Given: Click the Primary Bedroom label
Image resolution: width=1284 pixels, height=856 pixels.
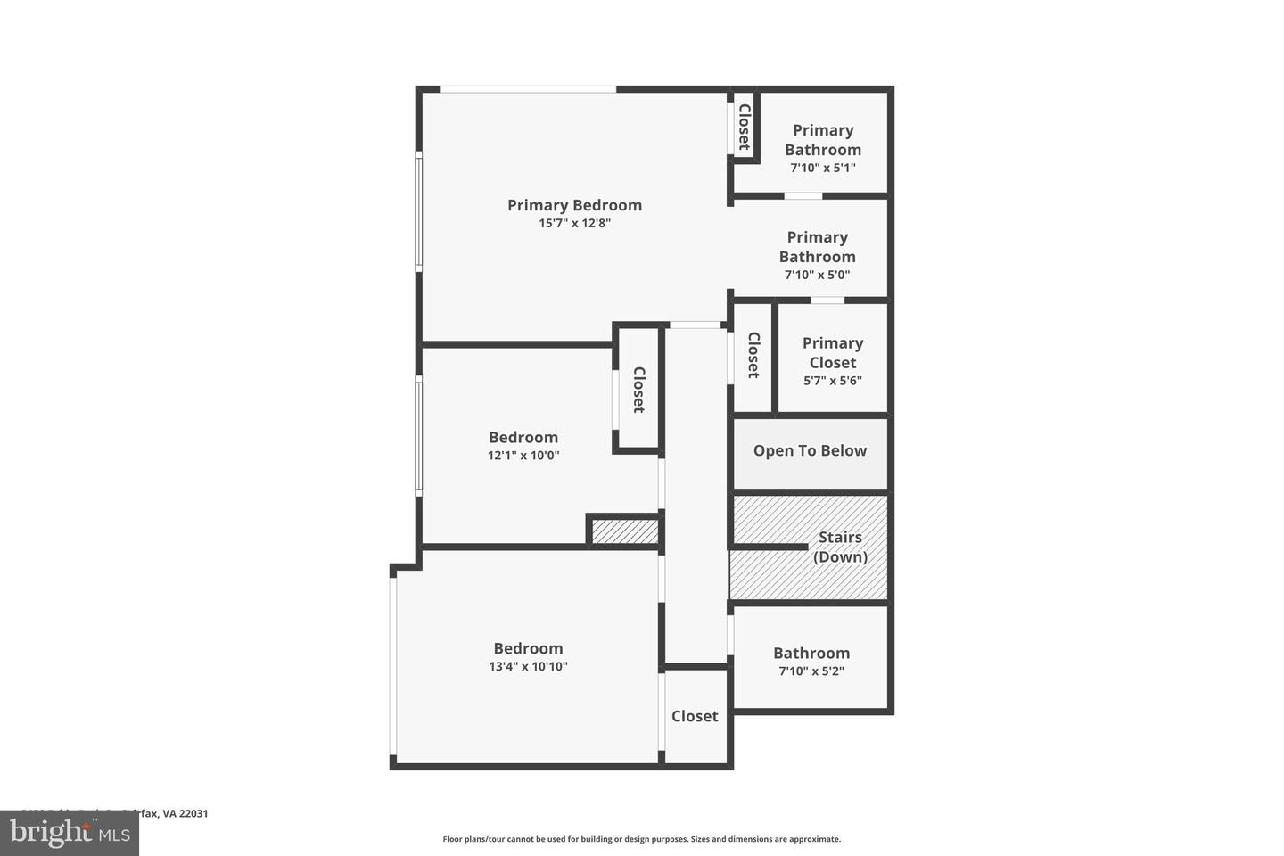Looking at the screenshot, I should coord(574,205).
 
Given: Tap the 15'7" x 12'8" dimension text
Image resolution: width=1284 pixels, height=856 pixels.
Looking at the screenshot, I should coord(574,224).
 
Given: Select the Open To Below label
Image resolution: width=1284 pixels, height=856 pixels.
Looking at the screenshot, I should coord(810,451).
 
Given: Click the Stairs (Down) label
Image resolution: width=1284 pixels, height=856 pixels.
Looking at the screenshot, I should coord(840,547).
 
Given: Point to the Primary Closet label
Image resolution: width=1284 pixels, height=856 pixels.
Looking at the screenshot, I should coord(832,352).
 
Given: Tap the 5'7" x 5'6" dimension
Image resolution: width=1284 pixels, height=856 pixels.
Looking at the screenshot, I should coord(832,381).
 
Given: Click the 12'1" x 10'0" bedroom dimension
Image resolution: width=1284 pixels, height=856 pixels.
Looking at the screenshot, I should coord(523,456).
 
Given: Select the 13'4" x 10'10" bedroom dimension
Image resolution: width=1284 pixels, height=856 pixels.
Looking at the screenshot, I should coord(528,667).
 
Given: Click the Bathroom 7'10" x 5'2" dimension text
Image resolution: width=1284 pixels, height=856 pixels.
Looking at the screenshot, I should coord(811,671).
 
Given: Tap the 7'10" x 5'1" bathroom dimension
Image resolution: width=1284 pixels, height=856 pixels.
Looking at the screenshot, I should coord(822,168).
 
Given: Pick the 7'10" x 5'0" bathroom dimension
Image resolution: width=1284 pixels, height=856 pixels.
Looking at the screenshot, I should coord(817,275).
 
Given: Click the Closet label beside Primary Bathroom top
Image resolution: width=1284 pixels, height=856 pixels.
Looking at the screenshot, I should coord(744,128).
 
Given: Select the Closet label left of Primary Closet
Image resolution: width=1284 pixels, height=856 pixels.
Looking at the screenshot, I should coord(753,355).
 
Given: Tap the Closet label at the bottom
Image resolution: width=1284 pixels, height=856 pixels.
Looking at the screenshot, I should coord(695,716).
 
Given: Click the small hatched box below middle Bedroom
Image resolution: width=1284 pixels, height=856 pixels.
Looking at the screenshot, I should coord(624,531).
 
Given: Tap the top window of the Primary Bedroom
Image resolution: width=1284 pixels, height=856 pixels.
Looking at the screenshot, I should coord(528,88).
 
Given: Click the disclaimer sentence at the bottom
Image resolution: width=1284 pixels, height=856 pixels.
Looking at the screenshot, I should coord(641,839).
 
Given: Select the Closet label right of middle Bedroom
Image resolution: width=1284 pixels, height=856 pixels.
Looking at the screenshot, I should coord(638,390).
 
